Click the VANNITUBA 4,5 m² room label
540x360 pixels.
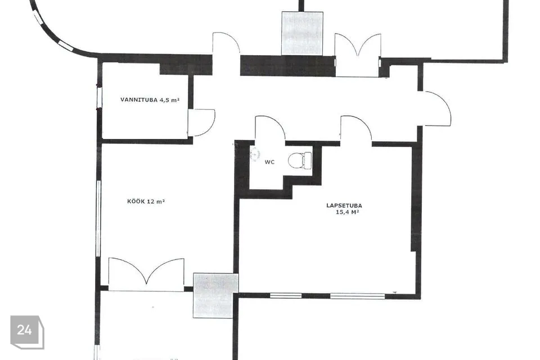pyautogui.click(x=150, y=100)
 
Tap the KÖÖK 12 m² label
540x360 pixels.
pyautogui.click(x=146, y=201)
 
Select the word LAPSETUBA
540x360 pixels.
pyautogui.click(x=344, y=206)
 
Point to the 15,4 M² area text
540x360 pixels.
pyautogui.click(x=347, y=212)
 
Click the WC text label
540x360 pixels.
pyautogui.click(x=269, y=162)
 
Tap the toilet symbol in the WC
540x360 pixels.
pyautogui.click(x=300, y=160)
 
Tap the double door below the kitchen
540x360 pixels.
pyautogui.click(x=146, y=274)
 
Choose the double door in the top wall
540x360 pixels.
pyautogui.click(x=358, y=55)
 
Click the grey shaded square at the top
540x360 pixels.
pyautogui.click(x=303, y=33)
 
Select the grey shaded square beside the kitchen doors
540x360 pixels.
pyautogui.click(x=215, y=295)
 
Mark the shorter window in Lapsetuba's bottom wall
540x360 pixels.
pyautogui.click(x=286, y=295)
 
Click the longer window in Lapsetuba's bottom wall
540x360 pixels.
pyautogui.click(x=358, y=295)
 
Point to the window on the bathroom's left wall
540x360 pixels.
pyautogui.click(x=99, y=97)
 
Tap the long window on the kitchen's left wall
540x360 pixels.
pyautogui.click(x=98, y=218)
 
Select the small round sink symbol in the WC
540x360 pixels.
pyautogui.click(x=255, y=154)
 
